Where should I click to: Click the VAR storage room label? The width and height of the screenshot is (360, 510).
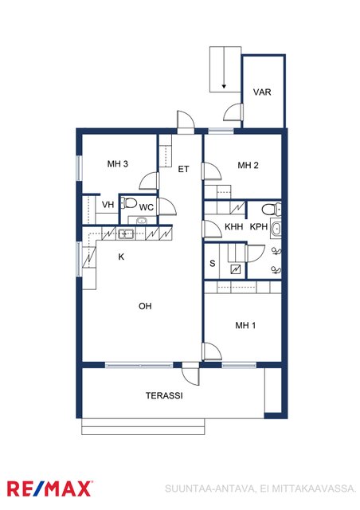point(262,92)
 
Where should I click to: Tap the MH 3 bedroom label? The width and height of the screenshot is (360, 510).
point(117,163)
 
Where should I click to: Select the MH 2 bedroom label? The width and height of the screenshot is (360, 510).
point(248,165)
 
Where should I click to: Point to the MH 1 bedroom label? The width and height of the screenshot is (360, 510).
point(245,325)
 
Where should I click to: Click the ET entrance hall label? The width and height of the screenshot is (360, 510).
point(183,169)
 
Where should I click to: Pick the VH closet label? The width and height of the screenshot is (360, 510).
point(108,205)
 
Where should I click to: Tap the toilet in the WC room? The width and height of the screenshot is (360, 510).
point(129,203)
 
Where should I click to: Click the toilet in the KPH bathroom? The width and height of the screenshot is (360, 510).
point(272,209)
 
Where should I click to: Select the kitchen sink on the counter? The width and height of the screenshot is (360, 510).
point(126,233)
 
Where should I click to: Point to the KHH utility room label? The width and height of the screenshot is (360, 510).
point(234,226)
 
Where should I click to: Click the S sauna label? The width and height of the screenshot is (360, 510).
point(213,263)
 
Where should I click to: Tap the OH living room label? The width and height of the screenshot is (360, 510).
point(145,306)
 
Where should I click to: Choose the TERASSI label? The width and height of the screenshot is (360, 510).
point(164,395)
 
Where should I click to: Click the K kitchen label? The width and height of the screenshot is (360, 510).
point(121,257)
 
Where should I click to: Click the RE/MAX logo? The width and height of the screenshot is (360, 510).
point(49,488)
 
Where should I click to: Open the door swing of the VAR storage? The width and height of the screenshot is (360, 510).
point(233,112)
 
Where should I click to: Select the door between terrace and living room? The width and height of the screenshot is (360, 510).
point(190,375)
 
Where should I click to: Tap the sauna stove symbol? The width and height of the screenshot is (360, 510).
point(236,269)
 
